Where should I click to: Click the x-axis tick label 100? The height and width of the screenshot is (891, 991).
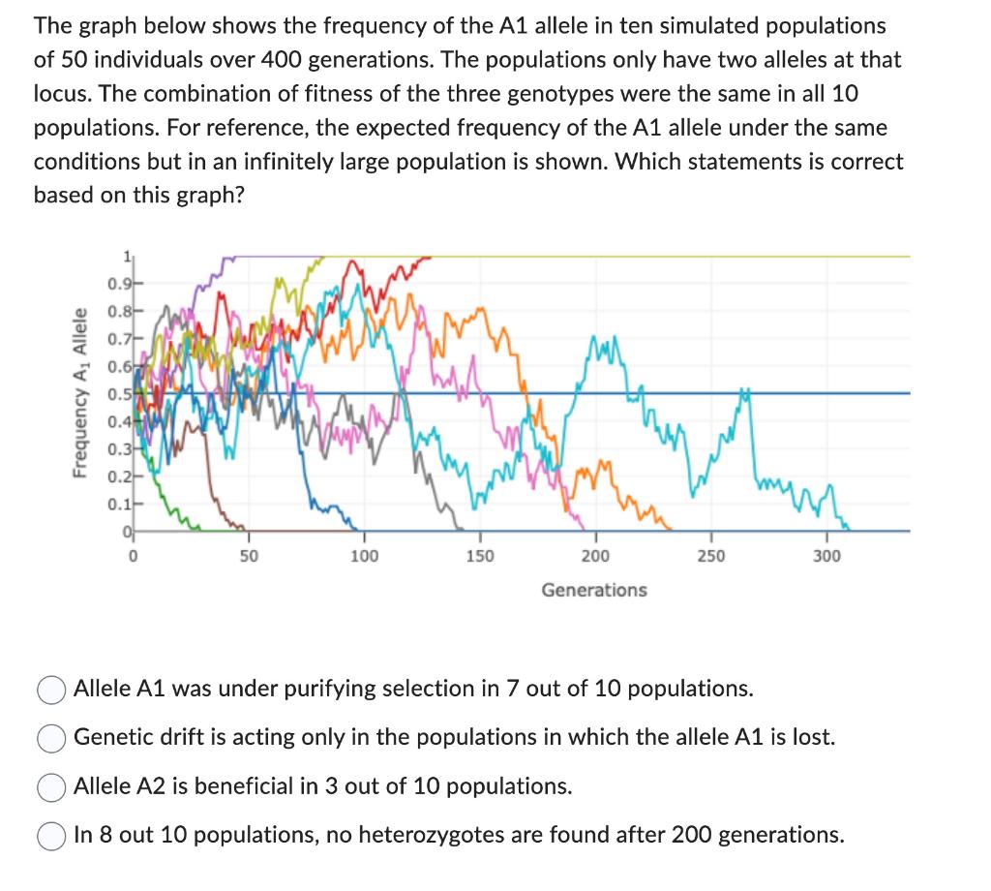pyautogui.click(x=364, y=556)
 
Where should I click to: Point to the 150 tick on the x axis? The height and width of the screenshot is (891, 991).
pyautogui.click(x=479, y=556)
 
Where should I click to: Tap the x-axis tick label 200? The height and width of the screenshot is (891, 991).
pyautogui.click(x=595, y=556)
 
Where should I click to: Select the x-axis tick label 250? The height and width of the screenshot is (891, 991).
pyautogui.click(x=710, y=556)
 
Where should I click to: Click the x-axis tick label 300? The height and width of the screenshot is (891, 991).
pyautogui.click(x=826, y=556)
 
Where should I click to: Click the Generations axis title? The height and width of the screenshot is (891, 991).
pyautogui.click(x=594, y=590)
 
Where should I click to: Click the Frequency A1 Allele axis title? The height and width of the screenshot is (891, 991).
pyautogui.click(x=82, y=392)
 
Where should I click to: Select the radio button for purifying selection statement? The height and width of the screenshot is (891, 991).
pyautogui.click(x=52, y=690)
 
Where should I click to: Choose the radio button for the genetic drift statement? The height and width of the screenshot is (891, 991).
pyautogui.click(x=52, y=738)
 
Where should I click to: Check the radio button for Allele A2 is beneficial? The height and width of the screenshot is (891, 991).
pyautogui.click(x=52, y=786)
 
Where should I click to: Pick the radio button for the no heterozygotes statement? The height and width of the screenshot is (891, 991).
pyautogui.click(x=52, y=835)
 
